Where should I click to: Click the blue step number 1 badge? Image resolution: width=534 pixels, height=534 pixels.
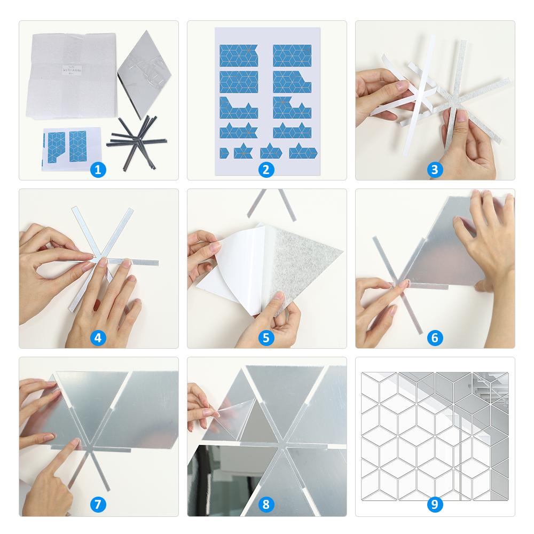98,170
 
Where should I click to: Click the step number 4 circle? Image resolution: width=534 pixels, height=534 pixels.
98,337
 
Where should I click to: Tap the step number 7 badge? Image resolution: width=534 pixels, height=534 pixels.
98,505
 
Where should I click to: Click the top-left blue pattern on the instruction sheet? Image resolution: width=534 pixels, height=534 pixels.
238,56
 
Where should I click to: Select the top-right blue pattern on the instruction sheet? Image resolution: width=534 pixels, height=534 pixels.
292,56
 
